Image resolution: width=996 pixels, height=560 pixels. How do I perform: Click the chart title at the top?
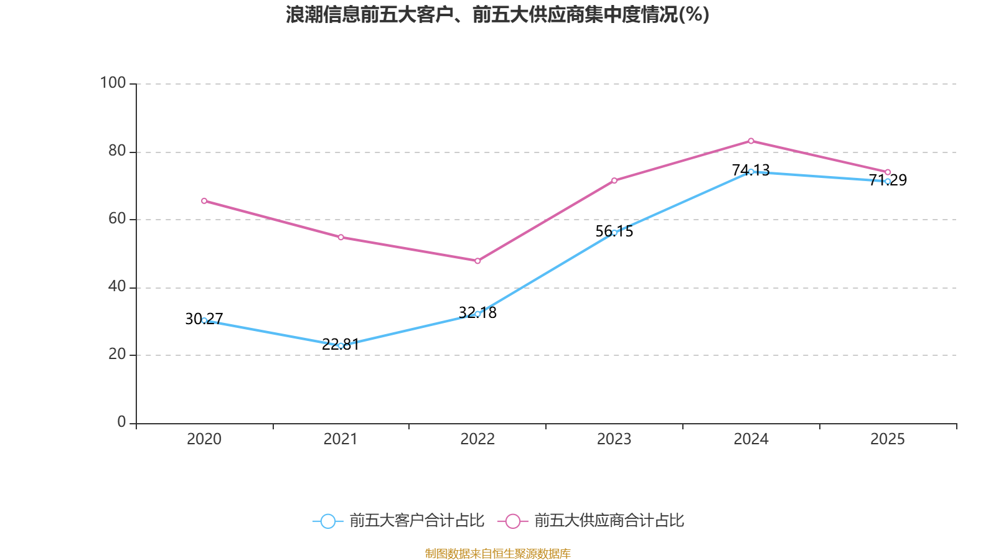pyautogui.click(x=497, y=14)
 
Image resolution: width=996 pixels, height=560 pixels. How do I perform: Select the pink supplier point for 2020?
pyautogui.click(x=204, y=201)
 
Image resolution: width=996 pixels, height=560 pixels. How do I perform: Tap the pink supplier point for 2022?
pyautogui.click(x=477, y=261)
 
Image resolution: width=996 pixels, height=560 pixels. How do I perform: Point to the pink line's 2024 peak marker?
pyautogui.click(x=751, y=141)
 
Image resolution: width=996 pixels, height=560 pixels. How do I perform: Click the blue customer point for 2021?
pyautogui.click(x=341, y=345)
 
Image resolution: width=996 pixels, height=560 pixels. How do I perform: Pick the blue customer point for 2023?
pyautogui.click(x=614, y=233)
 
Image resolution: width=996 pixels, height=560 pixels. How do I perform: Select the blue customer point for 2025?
pyautogui.click(x=888, y=181)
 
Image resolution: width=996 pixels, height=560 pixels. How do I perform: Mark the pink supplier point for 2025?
pyautogui.click(x=888, y=172)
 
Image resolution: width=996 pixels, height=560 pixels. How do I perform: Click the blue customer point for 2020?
pyautogui.click(x=204, y=320)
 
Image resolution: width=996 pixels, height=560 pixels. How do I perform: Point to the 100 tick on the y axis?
pyautogui.click(x=113, y=83)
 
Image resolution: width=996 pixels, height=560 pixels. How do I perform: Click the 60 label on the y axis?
pyautogui.click(x=116, y=219)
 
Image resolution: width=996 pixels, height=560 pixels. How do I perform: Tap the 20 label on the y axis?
pyautogui.click(x=116, y=355)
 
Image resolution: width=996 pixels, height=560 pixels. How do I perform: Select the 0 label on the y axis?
pyautogui.click(x=121, y=422)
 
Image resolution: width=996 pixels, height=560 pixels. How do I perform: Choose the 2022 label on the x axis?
pyautogui.click(x=477, y=439)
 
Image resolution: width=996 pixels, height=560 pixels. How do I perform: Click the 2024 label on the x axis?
pyautogui.click(x=751, y=439)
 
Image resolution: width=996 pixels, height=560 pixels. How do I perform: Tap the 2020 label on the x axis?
pyautogui.click(x=204, y=439)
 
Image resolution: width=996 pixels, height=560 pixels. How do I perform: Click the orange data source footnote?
pyautogui.click(x=497, y=553)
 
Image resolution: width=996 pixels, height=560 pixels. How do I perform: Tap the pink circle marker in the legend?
pyautogui.click(x=512, y=521)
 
